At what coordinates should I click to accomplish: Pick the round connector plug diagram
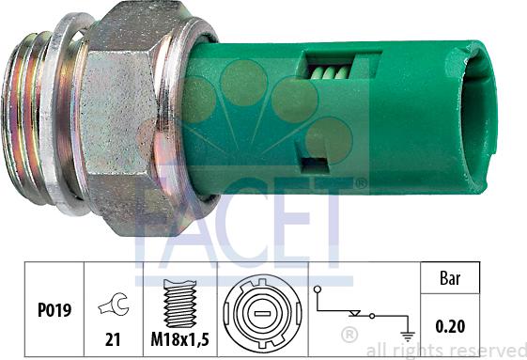coord(263,309)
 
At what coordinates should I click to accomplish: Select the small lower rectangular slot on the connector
coord(313,164)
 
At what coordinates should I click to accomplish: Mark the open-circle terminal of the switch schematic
coord(318,290)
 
